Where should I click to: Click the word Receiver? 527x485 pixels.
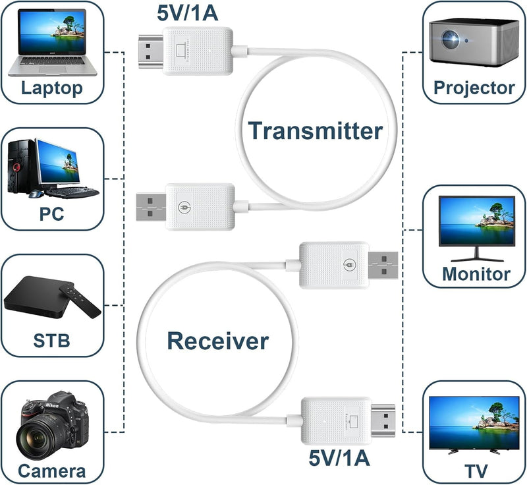click(217, 341)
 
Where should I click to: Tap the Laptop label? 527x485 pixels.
click(52, 88)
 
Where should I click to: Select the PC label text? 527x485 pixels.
click(52, 215)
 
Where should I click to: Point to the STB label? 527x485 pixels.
click(51, 341)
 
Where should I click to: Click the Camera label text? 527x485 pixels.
click(51, 471)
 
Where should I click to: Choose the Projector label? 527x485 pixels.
click(474, 88)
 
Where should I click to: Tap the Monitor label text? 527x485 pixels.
click(476, 273)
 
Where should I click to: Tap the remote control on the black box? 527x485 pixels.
click(78, 300)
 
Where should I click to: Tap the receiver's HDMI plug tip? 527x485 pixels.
click(383, 420)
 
